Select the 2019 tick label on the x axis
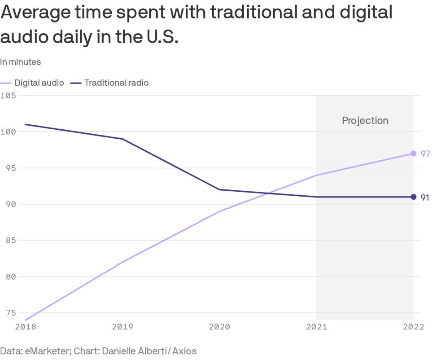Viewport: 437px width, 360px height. tap(122, 327)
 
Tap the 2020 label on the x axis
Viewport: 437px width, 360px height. tap(219, 327)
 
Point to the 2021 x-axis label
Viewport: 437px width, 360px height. tap(317, 327)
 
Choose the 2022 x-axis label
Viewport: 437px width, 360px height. tap(413, 327)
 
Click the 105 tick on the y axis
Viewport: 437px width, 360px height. tap(9, 96)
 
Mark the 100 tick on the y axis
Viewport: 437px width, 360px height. tap(9, 132)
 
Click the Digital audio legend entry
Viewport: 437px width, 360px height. tap(39, 83)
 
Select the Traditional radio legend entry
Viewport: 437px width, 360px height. tap(116, 83)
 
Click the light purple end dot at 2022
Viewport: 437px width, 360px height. tap(414, 154)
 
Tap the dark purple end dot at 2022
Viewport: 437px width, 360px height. tap(414, 197)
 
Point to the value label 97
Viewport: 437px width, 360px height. tap(425, 154)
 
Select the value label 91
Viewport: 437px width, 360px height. tap(425, 198)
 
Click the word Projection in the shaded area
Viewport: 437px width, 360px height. tap(365, 120)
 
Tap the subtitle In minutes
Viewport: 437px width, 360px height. tap(21, 62)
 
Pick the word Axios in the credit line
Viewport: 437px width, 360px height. tap(184, 351)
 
